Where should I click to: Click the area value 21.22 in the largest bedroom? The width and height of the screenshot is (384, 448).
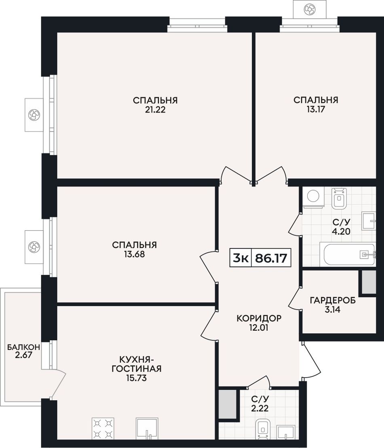[155, 110]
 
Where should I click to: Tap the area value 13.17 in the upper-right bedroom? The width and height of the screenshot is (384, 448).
[316, 109]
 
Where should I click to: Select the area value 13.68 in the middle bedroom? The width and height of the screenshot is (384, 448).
[134, 254]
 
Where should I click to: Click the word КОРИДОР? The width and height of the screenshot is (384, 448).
[259, 318]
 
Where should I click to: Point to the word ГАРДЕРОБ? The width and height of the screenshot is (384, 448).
[333, 300]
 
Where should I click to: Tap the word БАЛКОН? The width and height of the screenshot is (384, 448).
[23, 347]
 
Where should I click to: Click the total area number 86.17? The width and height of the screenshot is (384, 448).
[271, 258]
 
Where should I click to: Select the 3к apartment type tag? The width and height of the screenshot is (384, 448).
[241, 258]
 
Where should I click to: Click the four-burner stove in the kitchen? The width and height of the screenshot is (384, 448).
[103, 429]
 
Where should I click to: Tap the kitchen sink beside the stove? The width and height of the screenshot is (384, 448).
[147, 429]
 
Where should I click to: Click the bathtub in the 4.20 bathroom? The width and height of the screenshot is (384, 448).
[350, 254]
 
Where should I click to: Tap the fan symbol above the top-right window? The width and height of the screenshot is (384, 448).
[310, 10]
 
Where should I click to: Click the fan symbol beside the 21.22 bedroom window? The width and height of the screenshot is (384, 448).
[34, 115]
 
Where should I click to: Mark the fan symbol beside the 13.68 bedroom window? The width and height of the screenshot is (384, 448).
[34, 246]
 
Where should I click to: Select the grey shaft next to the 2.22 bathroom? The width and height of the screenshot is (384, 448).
[228, 402]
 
